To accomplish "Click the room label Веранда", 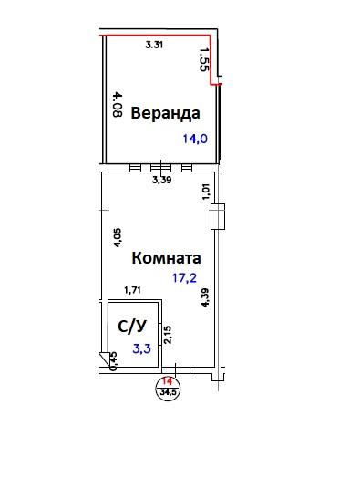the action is pos(165,113).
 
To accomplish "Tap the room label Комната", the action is pos(166,258).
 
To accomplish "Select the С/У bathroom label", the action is pos(132,327).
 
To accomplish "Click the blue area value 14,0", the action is pos(195,139).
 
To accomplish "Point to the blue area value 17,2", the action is pos(184,278).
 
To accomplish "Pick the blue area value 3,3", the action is pos(142,348).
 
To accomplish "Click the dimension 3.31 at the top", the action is pos(154,45).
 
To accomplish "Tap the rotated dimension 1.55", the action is pos(204,59).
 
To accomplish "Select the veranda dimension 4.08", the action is pos(118,105).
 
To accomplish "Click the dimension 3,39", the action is pos(162,180).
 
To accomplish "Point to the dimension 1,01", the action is pos(206,192).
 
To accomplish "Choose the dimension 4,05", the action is pos(118,238).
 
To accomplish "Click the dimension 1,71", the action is pos(133,290).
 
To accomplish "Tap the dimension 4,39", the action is pos(205,297).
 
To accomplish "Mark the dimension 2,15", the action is pos(168,335).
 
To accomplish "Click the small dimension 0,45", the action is pos(113,361).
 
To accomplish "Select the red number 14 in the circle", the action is pos(167,381).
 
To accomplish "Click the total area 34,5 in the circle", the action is pos(168,391).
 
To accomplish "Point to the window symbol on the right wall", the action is pos(218,216).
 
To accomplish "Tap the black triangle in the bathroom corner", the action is pos(104,358).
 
